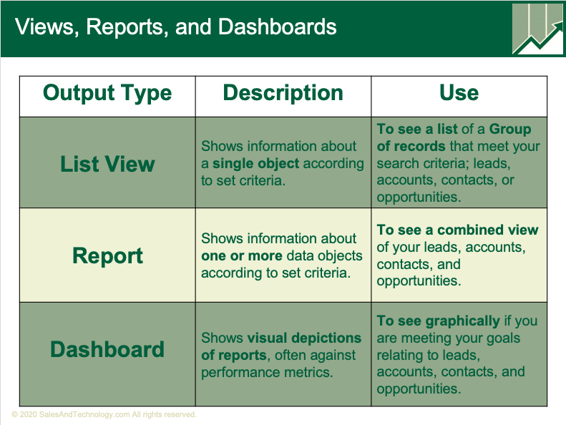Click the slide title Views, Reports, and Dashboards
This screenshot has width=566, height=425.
(x=175, y=27)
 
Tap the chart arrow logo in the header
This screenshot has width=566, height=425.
(x=537, y=29)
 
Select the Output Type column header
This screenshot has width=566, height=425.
(x=107, y=93)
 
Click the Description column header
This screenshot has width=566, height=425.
(x=283, y=93)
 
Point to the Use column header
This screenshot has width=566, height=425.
(x=459, y=93)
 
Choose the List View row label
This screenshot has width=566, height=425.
(x=107, y=164)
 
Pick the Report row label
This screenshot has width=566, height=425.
(x=107, y=256)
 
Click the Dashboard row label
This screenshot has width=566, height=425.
(x=107, y=349)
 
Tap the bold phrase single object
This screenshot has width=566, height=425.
(x=256, y=164)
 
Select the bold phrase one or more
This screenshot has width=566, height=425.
(x=242, y=255)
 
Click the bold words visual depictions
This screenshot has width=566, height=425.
(x=304, y=338)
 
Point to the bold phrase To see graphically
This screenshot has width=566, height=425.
(x=438, y=321)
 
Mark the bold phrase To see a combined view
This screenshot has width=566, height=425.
(x=457, y=230)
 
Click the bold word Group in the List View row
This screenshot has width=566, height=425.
(x=510, y=129)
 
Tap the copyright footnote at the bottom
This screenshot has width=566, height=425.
(x=104, y=414)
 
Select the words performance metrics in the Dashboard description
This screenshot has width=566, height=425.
(x=267, y=372)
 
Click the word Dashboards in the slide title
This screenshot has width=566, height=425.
(x=277, y=27)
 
